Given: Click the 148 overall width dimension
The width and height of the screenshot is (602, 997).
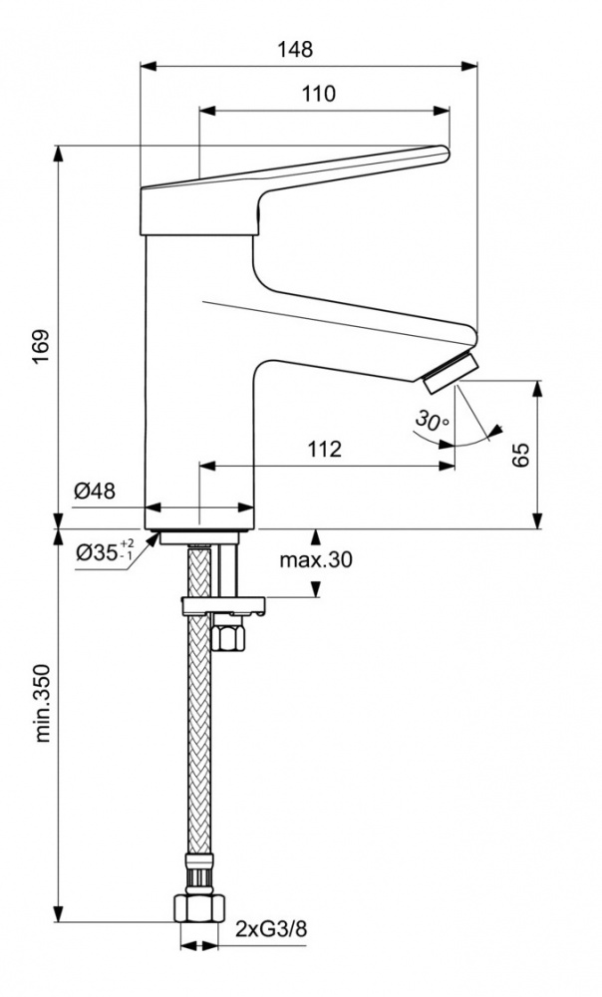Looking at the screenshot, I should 295,47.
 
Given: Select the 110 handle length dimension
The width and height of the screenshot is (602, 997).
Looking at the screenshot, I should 318,94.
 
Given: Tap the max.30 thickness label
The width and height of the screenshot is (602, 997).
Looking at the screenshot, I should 315,560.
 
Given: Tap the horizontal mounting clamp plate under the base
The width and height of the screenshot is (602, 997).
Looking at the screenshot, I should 224,604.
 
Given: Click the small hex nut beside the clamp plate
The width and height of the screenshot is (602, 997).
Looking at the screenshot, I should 228,636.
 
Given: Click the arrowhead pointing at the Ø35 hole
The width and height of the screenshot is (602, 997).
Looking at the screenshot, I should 156,535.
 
